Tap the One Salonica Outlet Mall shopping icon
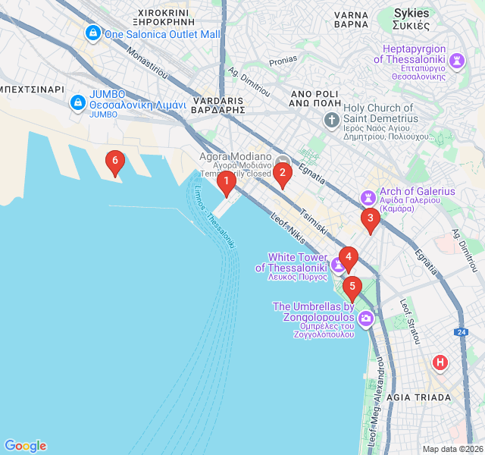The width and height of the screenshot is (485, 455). click(x=92, y=33)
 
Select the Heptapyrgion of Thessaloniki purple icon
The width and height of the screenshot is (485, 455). click(x=457, y=60)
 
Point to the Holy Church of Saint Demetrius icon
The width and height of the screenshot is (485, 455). click(x=331, y=120)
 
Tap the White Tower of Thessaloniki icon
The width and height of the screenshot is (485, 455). click(x=336, y=265)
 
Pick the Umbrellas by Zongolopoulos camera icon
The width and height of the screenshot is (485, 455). click(x=365, y=318)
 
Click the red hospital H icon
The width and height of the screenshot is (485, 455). click(x=440, y=362)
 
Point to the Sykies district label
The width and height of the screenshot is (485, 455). click(x=411, y=14)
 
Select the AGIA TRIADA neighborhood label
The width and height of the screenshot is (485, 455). click(x=418, y=397)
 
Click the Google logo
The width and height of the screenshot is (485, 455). click(x=25, y=446)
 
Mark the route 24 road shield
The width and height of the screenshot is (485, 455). click(x=461, y=331)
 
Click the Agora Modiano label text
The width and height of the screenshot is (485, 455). click(x=235, y=156)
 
